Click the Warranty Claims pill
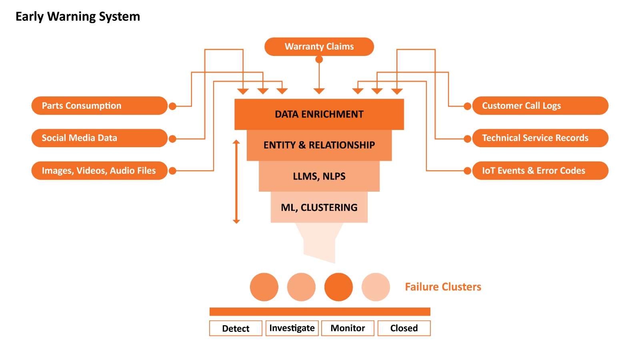point(319,47)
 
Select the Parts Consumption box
point(99,106)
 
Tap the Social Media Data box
point(99,138)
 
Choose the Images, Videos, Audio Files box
point(99,170)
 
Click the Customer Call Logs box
point(540,106)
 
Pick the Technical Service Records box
point(540,138)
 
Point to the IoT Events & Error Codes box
point(540,170)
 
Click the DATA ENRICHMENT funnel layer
point(319,114)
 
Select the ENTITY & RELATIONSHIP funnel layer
point(319,145)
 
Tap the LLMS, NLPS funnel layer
point(319,176)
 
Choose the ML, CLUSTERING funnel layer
point(319,207)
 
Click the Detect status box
point(236,328)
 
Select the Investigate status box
point(292,328)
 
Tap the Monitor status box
point(348,328)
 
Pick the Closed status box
point(404,328)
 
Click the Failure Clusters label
point(443,287)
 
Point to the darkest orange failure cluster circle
point(338,287)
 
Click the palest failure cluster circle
point(376,287)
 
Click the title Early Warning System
point(78,16)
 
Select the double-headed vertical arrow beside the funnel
point(236,182)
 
